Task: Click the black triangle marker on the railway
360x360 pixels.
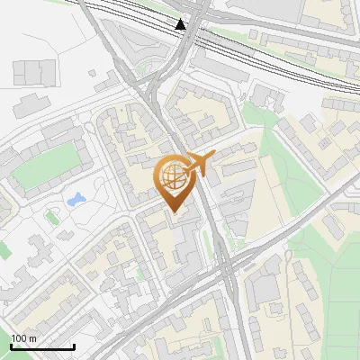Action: point(181,24)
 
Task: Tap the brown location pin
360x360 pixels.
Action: point(174,181)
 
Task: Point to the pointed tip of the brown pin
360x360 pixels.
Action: point(175,212)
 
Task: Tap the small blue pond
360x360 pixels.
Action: point(76,197)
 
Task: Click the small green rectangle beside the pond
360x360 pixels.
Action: point(51,216)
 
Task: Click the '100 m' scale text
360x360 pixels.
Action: point(23,338)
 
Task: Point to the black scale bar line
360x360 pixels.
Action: point(41,346)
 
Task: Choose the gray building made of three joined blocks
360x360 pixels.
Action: point(34,71)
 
